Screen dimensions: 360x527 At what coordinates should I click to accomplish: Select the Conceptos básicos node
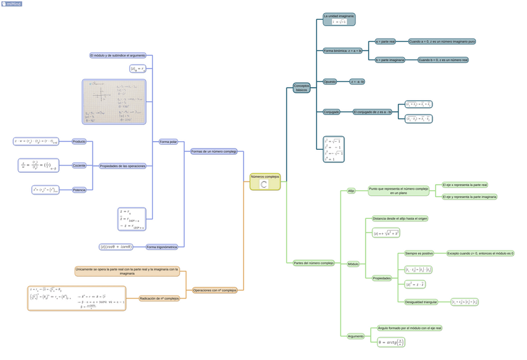tap(301, 88)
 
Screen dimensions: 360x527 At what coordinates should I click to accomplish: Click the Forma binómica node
tap(342, 50)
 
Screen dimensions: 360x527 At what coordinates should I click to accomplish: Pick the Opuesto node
tap(330, 81)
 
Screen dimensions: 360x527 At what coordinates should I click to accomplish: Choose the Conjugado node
tap(331, 112)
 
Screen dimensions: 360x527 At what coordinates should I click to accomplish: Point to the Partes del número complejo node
tap(314, 263)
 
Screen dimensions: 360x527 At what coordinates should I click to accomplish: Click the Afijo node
tap(351, 191)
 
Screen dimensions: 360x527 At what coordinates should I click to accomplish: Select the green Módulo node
tap(353, 264)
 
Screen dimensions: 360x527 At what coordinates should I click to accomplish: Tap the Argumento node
tap(355, 336)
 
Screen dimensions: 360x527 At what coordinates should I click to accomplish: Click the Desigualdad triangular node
tap(421, 302)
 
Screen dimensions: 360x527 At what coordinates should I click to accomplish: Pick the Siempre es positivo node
tap(419, 254)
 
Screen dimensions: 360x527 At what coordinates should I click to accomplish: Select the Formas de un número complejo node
tap(214, 151)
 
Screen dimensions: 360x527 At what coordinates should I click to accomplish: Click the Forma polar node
tap(168, 142)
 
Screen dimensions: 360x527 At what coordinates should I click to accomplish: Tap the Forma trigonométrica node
tap(162, 247)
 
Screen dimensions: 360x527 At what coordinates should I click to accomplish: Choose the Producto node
tap(79, 141)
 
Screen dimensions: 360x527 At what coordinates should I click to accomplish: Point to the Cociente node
tap(79, 165)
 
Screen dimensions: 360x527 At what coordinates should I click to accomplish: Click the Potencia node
tap(79, 190)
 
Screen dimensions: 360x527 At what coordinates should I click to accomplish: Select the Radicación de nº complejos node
tap(159, 298)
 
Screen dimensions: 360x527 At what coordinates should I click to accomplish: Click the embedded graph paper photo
tap(114, 101)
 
